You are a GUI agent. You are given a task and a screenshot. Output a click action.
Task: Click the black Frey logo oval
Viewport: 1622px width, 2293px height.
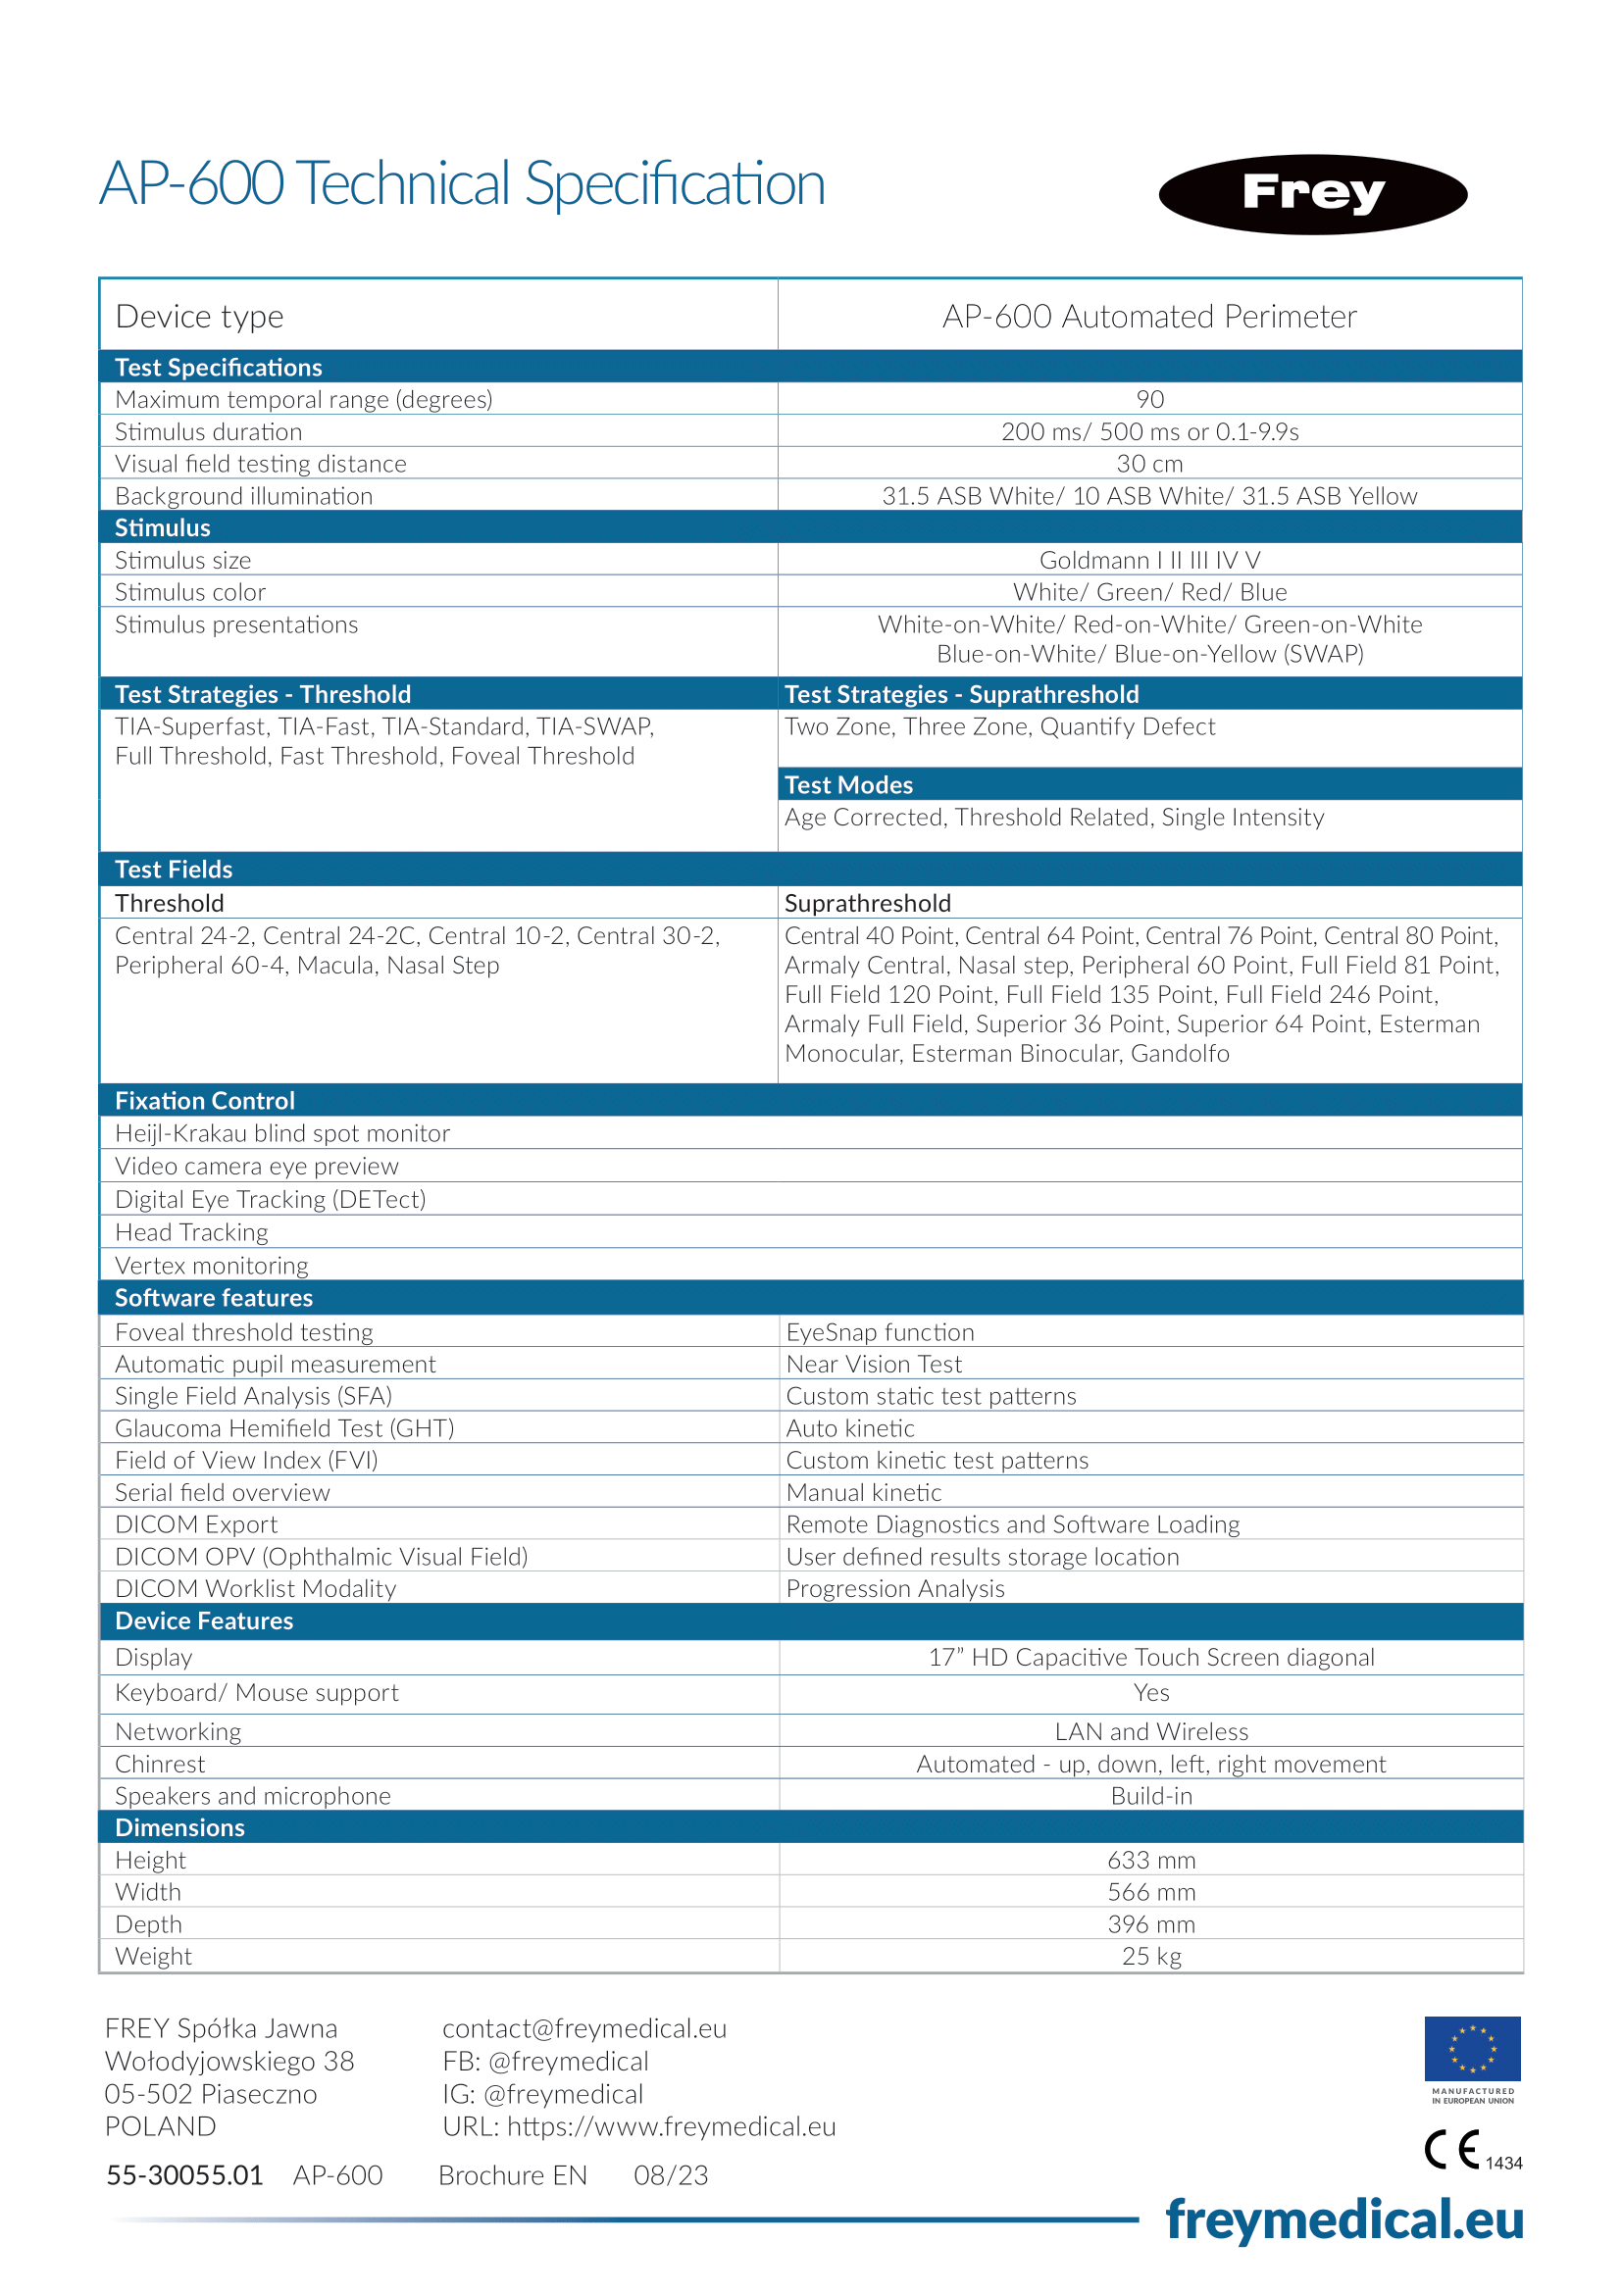coord(1311,194)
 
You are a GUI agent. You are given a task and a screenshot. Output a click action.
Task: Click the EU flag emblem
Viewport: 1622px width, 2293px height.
coord(1471,2047)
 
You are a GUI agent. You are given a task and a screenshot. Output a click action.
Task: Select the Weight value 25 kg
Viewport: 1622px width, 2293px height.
coord(1150,1957)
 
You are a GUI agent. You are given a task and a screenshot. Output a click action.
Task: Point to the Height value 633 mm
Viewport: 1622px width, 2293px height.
coord(1150,1860)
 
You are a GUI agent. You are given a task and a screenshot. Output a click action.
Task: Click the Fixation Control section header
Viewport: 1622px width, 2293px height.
coord(205,1101)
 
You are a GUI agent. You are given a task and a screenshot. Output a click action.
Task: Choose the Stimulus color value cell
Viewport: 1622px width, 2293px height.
coord(1149,592)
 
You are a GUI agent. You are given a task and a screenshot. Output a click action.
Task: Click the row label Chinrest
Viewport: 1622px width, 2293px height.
coord(160,1764)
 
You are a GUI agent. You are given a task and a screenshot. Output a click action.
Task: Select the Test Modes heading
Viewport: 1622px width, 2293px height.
coord(848,785)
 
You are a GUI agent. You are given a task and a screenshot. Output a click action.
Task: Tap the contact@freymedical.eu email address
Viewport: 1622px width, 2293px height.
coord(584,2028)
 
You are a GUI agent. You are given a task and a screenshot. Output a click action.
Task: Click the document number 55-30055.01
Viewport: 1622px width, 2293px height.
coord(184,2175)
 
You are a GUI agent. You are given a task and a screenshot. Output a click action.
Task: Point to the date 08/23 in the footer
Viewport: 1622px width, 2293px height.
coord(670,2175)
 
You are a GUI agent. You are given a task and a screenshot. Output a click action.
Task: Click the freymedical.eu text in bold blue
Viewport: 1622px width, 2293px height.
coord(1343,2221)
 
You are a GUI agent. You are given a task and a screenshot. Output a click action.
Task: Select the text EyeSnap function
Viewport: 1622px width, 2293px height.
coord(879,1332)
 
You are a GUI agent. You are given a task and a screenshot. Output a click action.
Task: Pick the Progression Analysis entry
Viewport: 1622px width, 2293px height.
coord(895,1588)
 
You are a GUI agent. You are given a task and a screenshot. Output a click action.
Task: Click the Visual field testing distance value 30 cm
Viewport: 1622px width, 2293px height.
coord(1149,464)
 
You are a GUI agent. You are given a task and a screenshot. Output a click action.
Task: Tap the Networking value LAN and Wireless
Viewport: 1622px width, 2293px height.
coord(1150,1731)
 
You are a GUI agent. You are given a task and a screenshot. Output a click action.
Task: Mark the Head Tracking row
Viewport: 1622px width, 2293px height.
coord(192,1232)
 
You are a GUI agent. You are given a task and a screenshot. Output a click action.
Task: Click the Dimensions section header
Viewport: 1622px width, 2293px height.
coord(179,1827)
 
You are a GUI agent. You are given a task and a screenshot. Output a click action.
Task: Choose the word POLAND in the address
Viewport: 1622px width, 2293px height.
coord(160,2126)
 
